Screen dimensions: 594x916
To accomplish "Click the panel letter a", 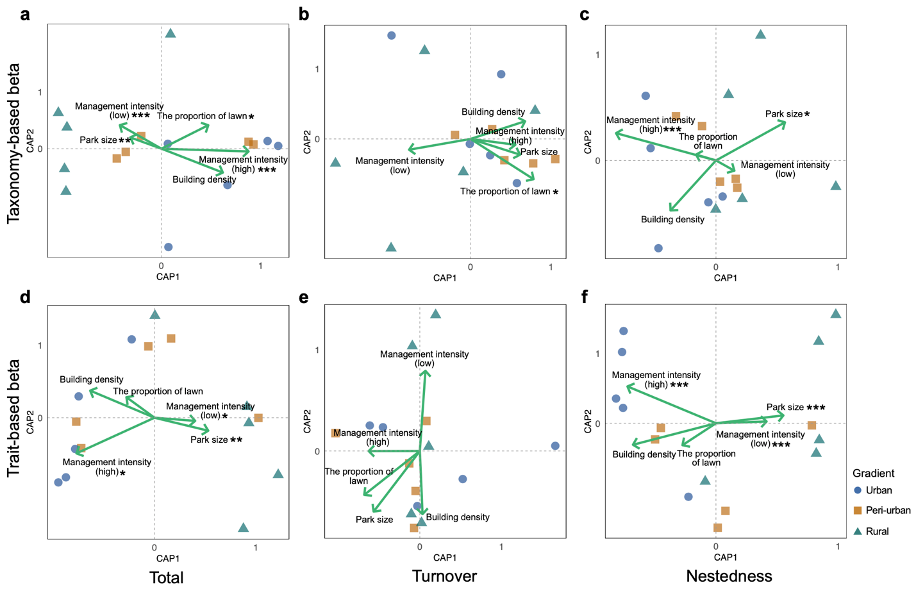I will point(25,14).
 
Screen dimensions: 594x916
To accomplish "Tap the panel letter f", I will point(585,297).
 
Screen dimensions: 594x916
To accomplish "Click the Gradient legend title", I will point(873,474).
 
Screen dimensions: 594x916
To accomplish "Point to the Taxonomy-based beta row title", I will point(14,143).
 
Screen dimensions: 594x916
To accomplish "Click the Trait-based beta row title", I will point(14,418).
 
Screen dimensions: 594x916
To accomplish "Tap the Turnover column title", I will point(444,576).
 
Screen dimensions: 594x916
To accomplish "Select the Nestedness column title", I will point(729,576).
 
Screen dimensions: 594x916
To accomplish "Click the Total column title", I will point(166,577).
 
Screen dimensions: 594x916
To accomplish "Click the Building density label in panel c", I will point(672,219).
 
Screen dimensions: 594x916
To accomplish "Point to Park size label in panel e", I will point(374,520).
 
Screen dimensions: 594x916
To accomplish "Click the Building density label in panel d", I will point(92,379).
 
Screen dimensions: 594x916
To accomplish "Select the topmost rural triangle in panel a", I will point(171,33).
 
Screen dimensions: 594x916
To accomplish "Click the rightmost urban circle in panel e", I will point(555,446).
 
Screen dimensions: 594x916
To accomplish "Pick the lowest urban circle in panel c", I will point(658,248).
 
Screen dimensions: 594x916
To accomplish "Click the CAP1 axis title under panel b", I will point(445,278).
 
